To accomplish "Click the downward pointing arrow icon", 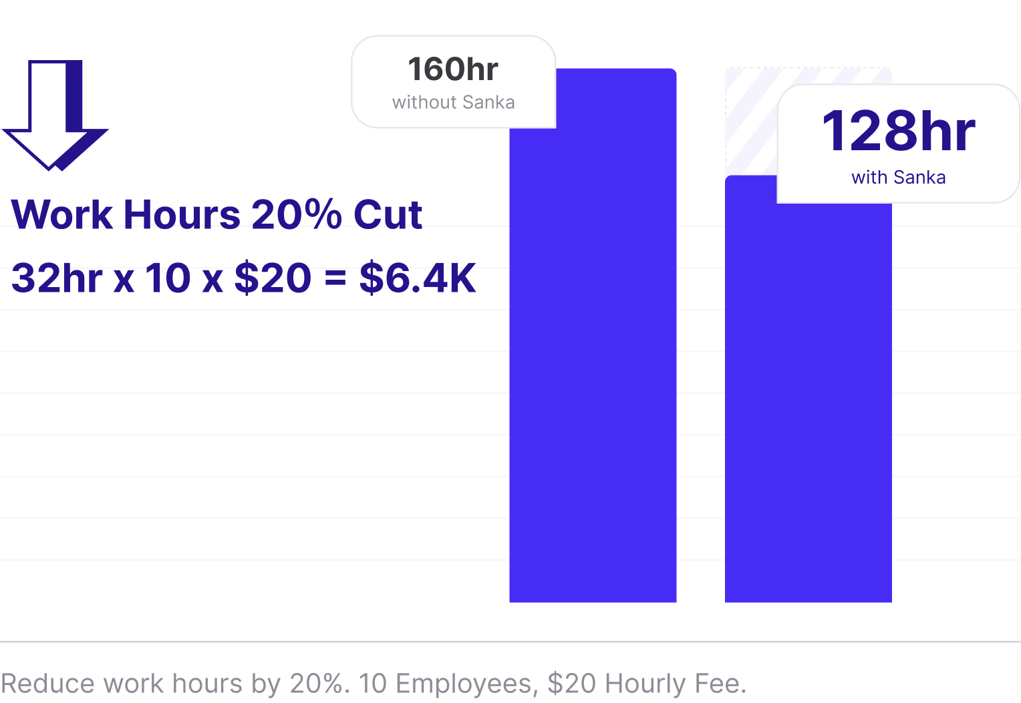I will [53, 113].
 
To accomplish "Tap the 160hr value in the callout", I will [453, 69].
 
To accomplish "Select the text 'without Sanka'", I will [453, 103].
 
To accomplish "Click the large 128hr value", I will [898, 132].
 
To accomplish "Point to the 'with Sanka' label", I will [898, 178].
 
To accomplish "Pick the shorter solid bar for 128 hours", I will [808, 401].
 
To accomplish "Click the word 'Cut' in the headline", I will [388, 215].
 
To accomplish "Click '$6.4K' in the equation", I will [418, 278].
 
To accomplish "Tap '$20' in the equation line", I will [273, 278].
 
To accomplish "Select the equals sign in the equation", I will [335, 280].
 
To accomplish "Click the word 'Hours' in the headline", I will [182, 215].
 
